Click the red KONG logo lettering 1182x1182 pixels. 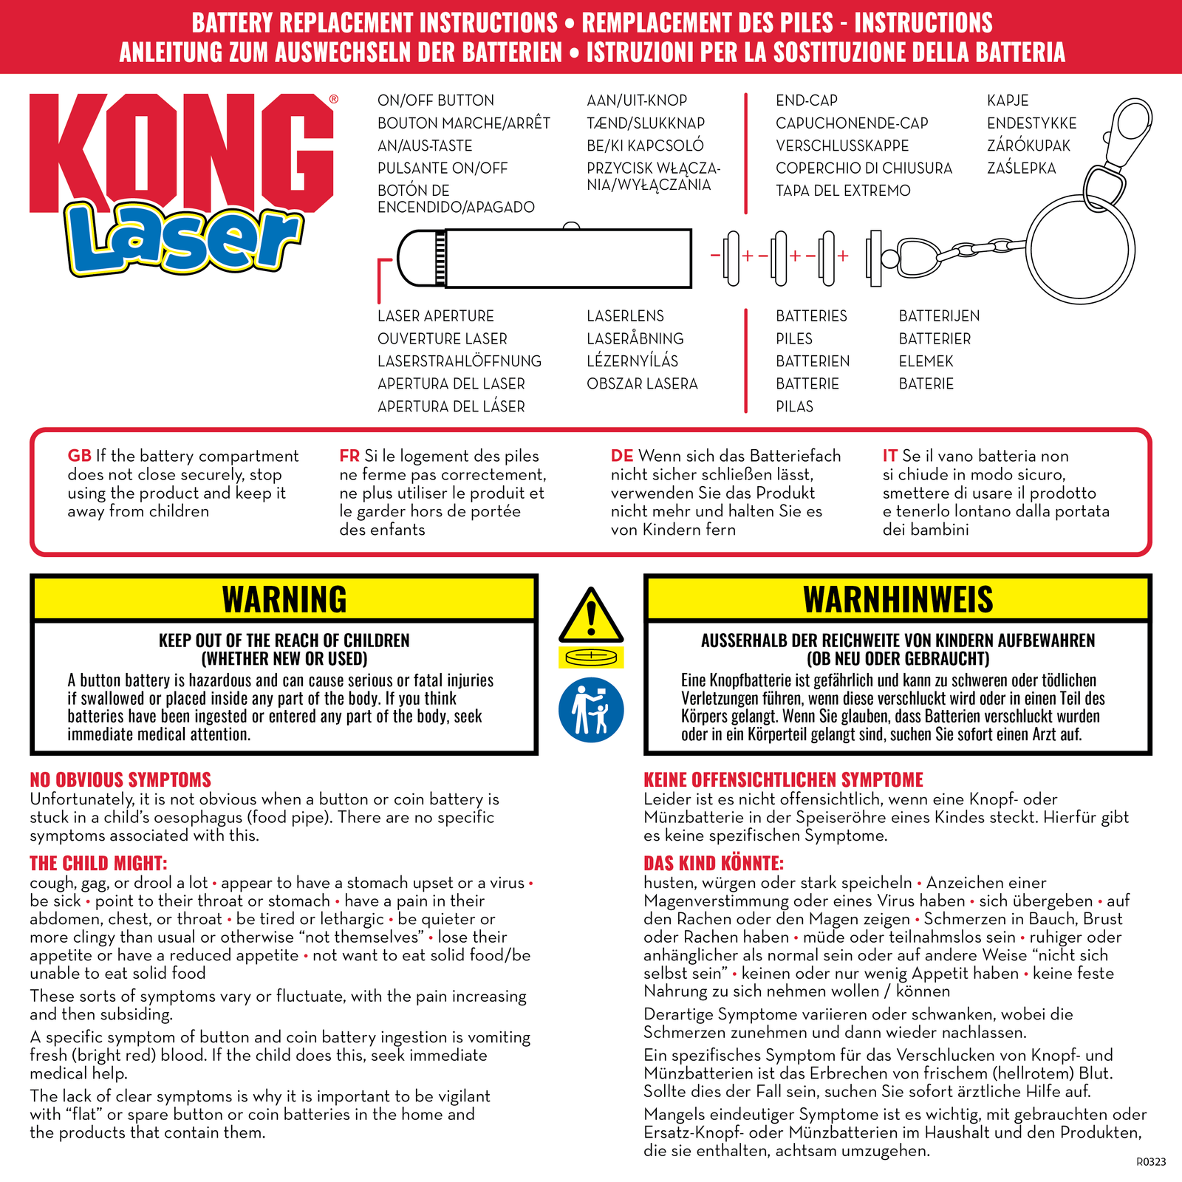tap(181, 151)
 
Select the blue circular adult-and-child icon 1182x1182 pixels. tap(591, 710)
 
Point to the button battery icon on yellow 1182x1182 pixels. tap(591, 657)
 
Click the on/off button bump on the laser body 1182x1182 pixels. tap(570, 226)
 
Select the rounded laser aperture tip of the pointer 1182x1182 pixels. tap(414, 259)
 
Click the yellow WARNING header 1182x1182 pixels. tap(284, 599)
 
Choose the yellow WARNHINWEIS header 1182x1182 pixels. tap(898, 599)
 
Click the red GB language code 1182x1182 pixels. tap(79, 456)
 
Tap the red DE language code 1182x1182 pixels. tap(622, 456)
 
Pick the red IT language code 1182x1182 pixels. tap(890, 456)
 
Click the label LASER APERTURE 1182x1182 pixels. tap(435, 316)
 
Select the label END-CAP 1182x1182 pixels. tap(806, 100)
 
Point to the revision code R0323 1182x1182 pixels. tap(1150, 1162)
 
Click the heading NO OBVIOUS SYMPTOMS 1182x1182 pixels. tap(120, 780)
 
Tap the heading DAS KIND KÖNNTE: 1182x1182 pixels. tap(713, 864)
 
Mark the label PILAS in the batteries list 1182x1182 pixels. tap(794, 406)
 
